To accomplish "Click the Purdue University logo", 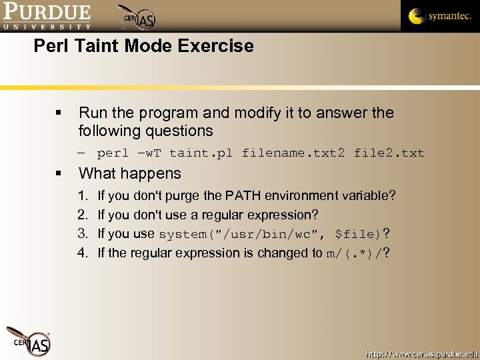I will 47,16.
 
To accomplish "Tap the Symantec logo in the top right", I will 439,16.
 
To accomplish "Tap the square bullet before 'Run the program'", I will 59,114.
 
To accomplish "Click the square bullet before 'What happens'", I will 59,174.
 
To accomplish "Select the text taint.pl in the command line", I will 202,153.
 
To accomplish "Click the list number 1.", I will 82,196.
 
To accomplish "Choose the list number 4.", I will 82,253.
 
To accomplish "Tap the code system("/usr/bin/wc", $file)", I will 269,235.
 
